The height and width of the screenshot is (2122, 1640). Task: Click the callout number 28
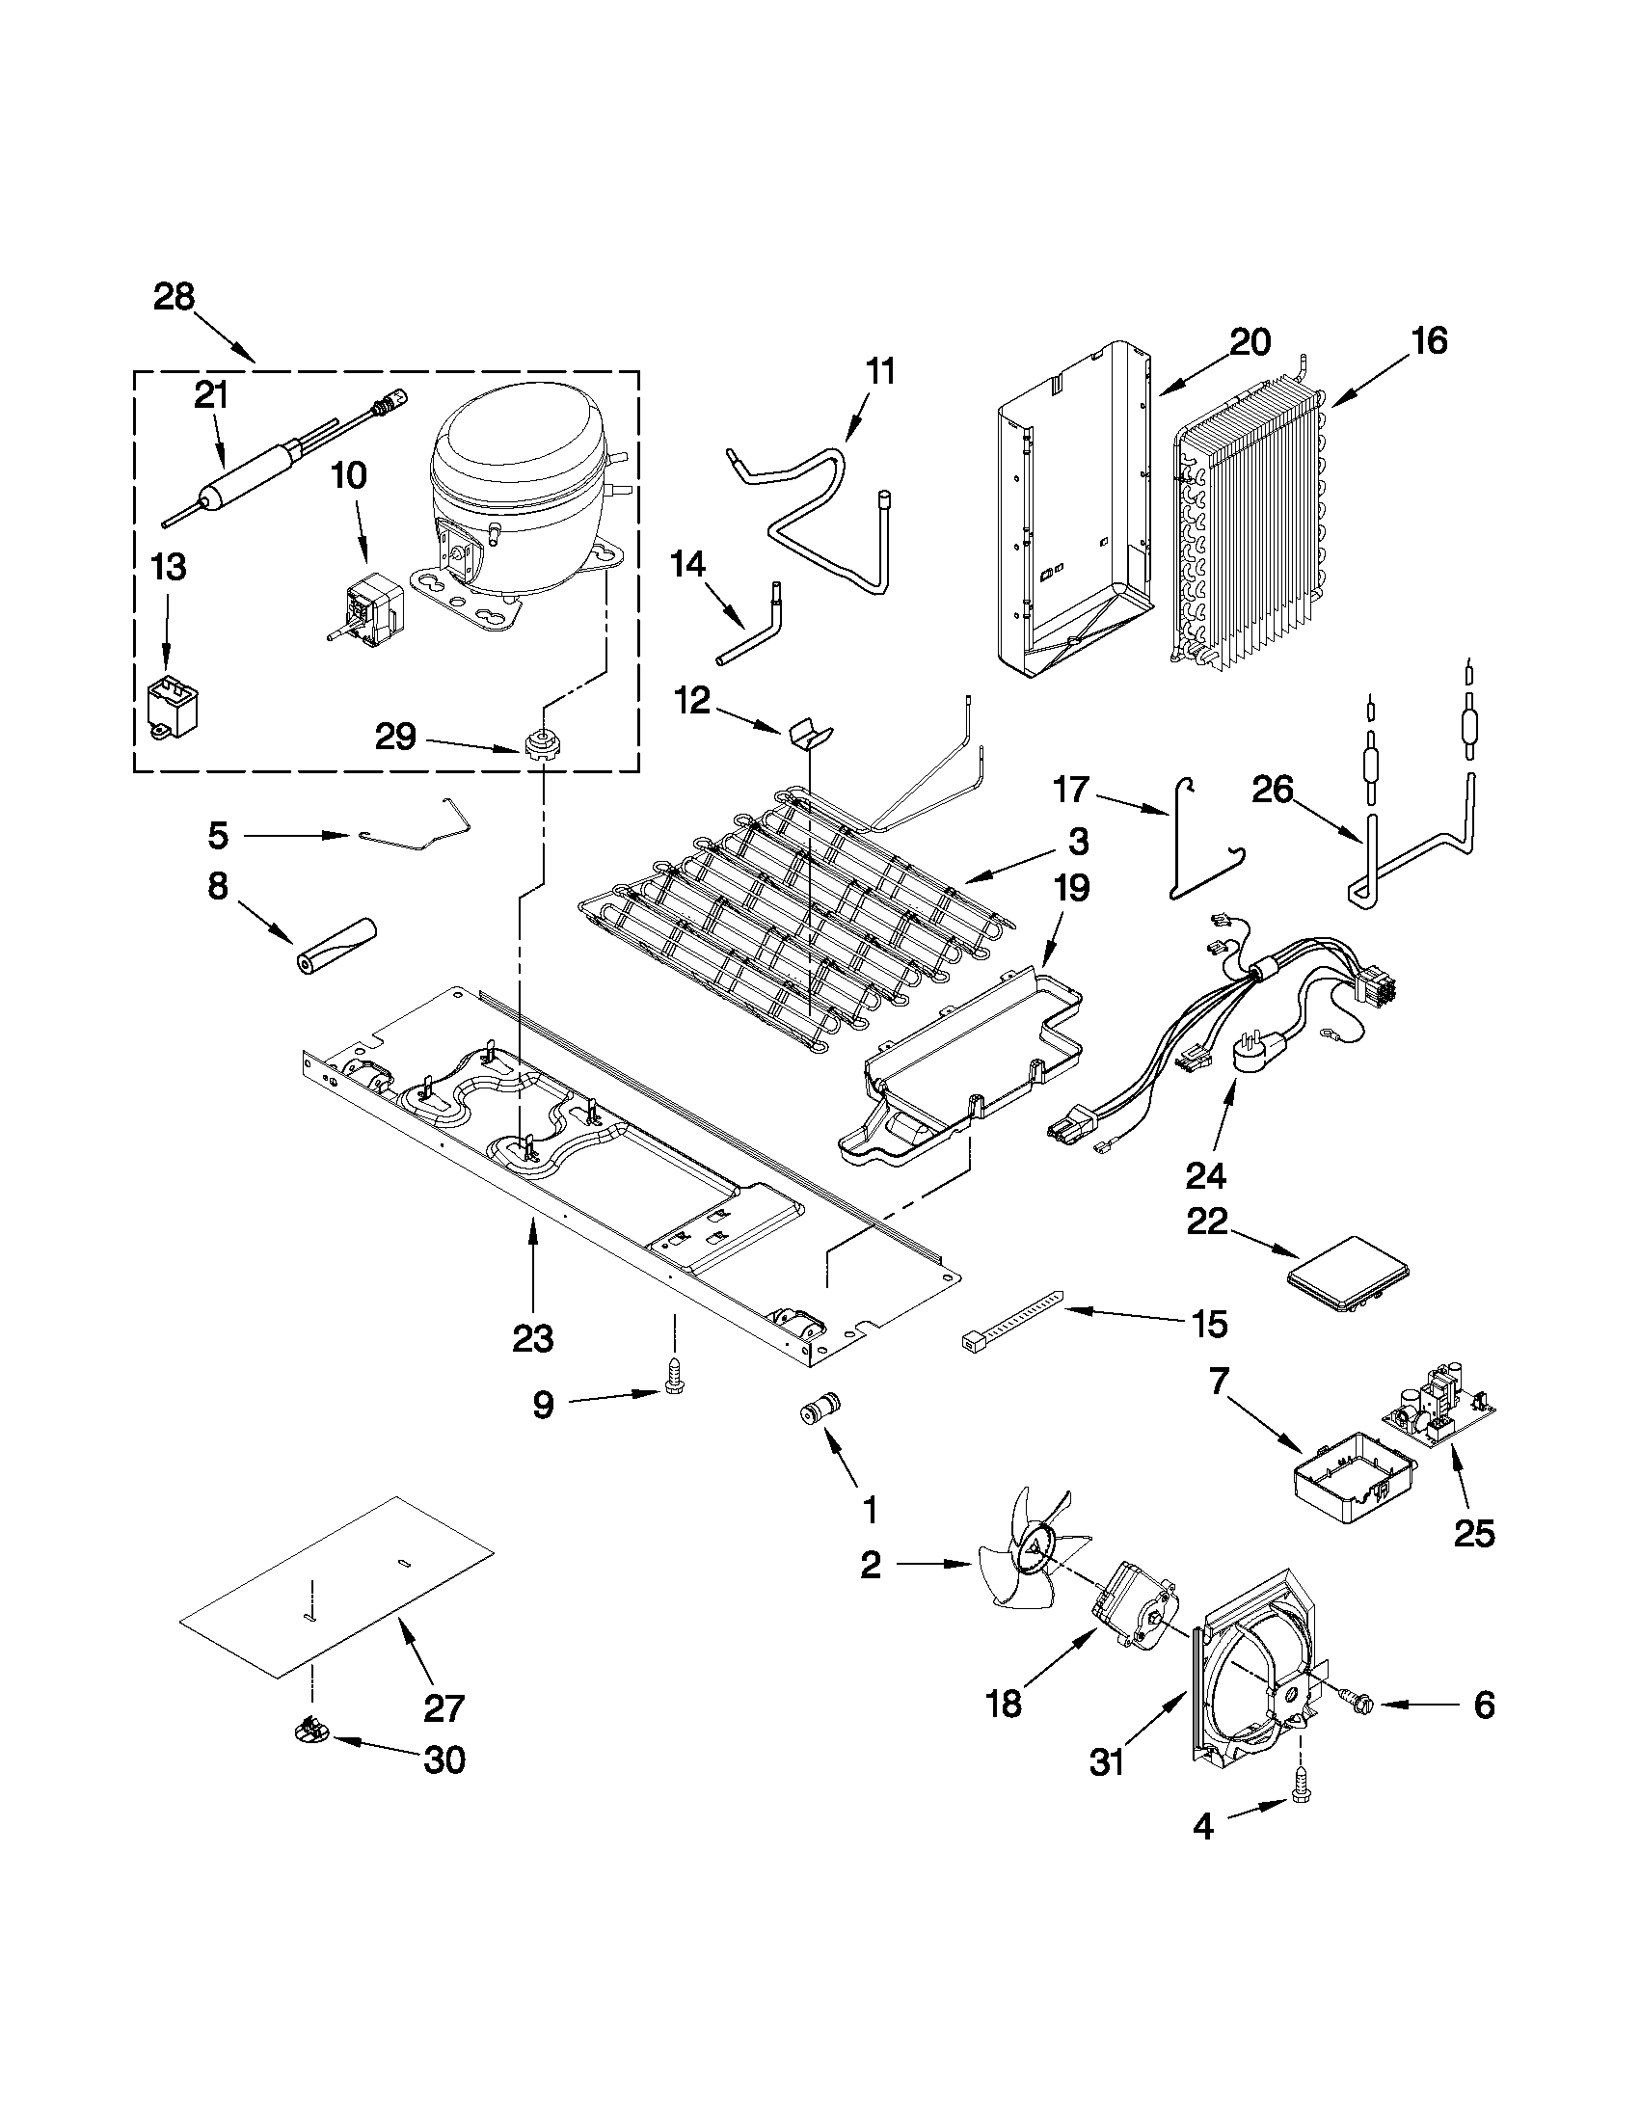pyautogui.click(x=174, y=296)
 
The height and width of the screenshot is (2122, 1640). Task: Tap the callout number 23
pyautogui.click(x=532, y=1338)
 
